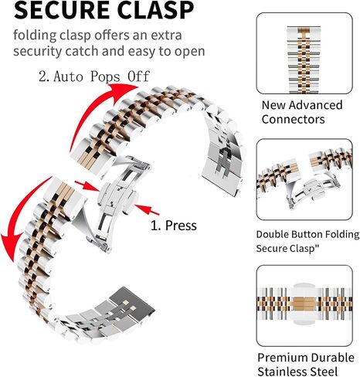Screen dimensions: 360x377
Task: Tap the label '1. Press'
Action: (x=174, y=226)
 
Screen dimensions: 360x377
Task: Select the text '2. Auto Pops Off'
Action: (x=94, y=76)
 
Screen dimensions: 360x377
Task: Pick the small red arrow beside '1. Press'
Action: (x=147, y=209)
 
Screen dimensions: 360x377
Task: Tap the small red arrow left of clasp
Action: (x=87, y=186)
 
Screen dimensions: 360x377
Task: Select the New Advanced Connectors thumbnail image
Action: (x=304, y=53)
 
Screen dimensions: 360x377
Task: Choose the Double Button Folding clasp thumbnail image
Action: (x=304, y=179)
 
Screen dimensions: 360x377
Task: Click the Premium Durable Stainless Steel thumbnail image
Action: (x=304, y=306)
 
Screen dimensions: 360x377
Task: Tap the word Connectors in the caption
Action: (x=293, y=119)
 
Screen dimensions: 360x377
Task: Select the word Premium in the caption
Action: (x=282, y=358)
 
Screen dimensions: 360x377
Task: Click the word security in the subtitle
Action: (x=38, y=51)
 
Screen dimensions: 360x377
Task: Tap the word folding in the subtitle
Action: (x=35, y=36)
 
